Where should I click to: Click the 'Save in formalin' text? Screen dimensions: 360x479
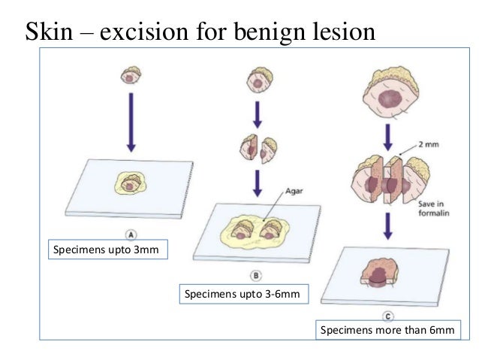pyautogui.click(x=429, y=207)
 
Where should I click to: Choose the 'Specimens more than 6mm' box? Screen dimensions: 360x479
pyautogui.click(x=387, y=329)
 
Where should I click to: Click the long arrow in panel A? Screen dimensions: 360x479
pyautogui.click(x=131, y=120)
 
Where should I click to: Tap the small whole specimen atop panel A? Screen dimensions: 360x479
pyautogui.click(x=131, y=75)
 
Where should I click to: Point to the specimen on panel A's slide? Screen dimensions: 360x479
pyautogui.click(x=131, y=183)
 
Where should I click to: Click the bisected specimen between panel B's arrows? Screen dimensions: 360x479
pyautogui.click(x=258, y=149)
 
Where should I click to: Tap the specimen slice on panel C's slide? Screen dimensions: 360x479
pyautogui.click(x=384, y=271)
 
